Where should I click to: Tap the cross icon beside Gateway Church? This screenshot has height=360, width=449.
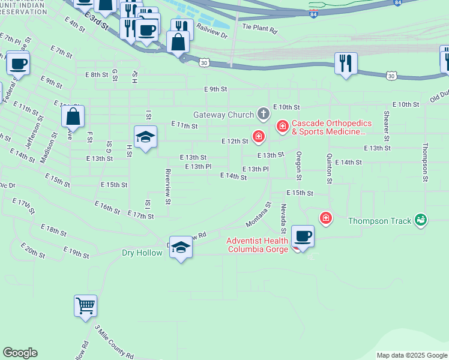pos(263,113)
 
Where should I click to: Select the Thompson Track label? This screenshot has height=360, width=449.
pos(380,221)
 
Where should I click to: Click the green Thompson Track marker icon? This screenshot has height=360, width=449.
pos(421,220)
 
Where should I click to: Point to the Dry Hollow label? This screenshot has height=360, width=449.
pos(142,253)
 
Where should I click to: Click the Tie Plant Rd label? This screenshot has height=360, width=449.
pos(259,28)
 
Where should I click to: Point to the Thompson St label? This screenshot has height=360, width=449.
pos(426,161)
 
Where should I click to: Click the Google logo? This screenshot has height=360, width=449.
pos(20,353)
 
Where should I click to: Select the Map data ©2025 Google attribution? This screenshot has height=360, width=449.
pos(411,355)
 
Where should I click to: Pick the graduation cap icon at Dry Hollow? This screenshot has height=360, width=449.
pos(181,247)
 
